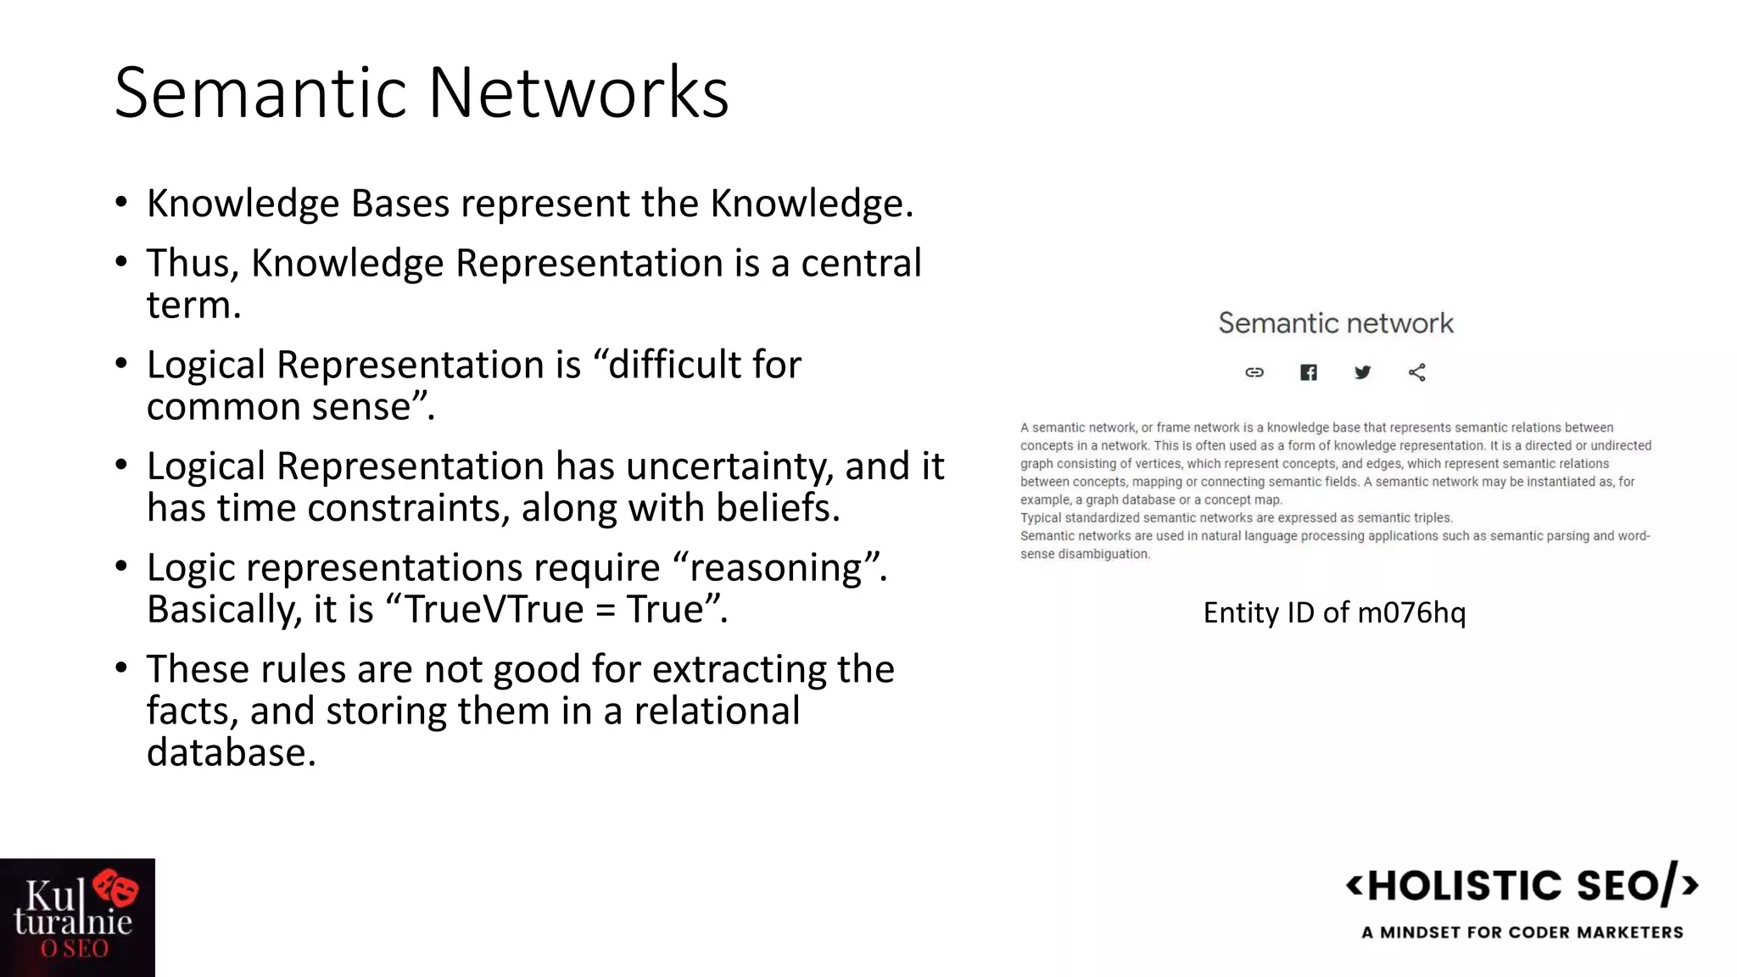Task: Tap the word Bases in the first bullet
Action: click(399, 204)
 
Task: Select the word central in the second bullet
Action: click(861, 263)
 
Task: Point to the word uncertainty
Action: click(729, 466)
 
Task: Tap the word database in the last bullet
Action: click(231, 752)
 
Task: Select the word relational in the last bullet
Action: click(717, 711)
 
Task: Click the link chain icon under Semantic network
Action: click(1254, 372)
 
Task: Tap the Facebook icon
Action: click(1309, 372)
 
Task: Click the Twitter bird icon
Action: click(1363, 372)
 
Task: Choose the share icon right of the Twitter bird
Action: click(1417, 372)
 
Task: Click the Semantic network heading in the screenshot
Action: click(1336, 323)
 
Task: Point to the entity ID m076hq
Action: click(1411, 612)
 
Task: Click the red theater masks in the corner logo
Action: click(116, 888)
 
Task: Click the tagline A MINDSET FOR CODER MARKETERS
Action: click(1522, 932)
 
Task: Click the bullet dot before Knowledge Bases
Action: click(121, 203)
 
